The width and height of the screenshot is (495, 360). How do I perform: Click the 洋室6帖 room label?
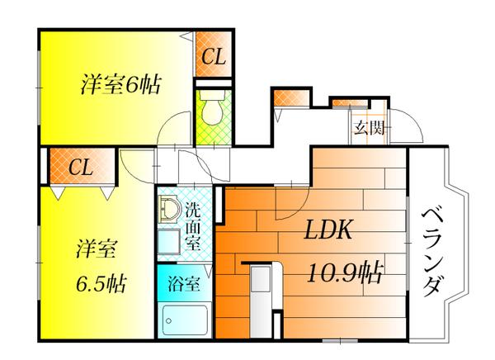point(120,83)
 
